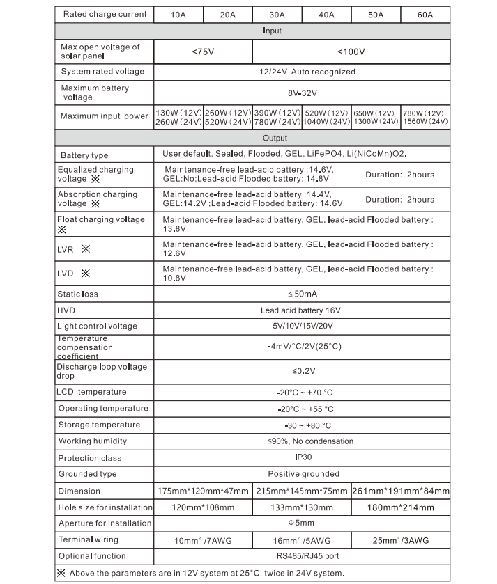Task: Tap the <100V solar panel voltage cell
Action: coord(351,52)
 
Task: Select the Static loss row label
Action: coord(78,294)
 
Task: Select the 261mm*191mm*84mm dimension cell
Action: coord(401,491)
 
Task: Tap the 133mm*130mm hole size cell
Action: coord(302,507)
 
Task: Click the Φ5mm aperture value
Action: coord(303,523)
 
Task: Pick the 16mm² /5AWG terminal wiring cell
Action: coord(302,540)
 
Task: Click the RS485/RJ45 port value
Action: coord(303,556)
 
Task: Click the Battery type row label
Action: coord(84,155)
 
